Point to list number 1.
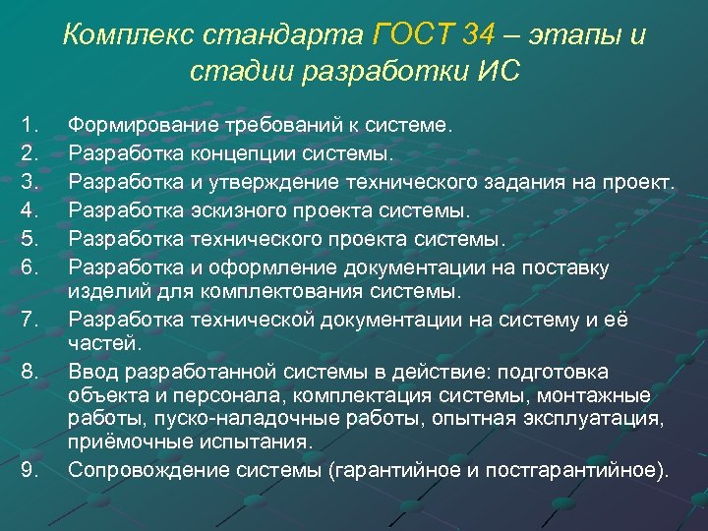28,125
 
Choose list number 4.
28,210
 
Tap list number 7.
28,319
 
